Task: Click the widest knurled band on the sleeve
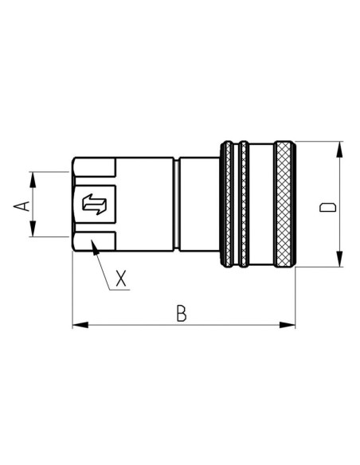click(x=283, y=205)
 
